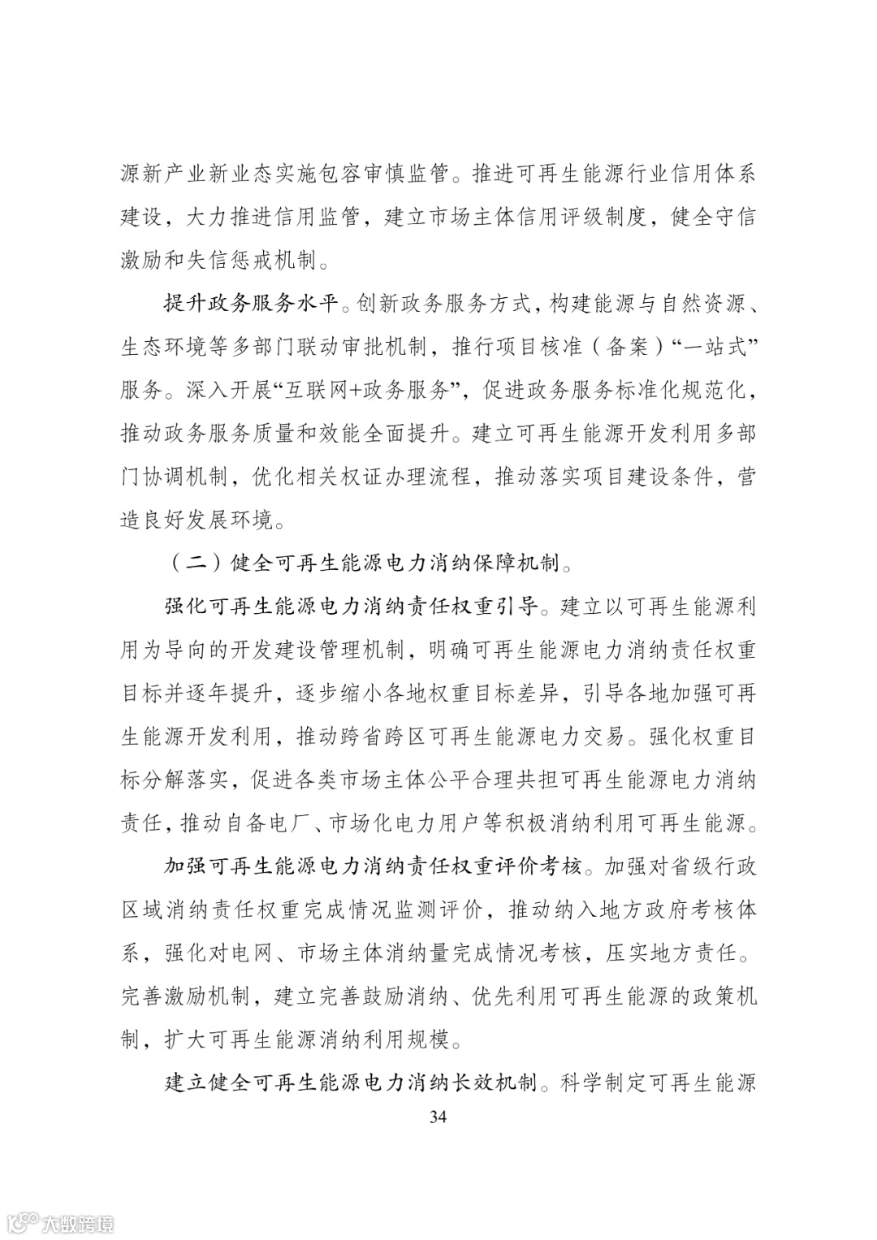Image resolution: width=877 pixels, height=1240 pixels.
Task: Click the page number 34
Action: point(438,1117)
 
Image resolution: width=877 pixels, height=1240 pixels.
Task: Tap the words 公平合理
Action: point(482,780)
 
